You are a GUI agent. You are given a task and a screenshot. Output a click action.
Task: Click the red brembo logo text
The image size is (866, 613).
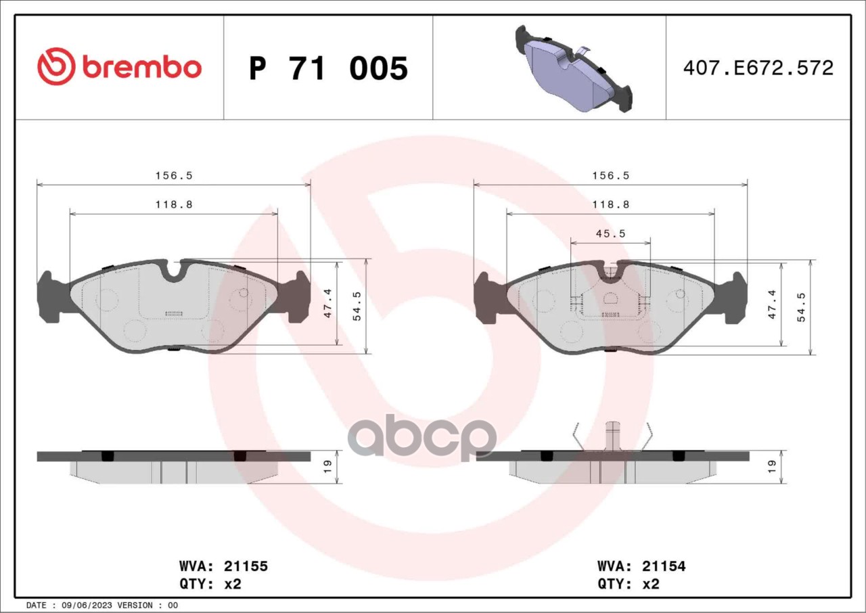click(141, 68)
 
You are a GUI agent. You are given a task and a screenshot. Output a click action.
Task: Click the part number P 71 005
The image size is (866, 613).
click(328, 68)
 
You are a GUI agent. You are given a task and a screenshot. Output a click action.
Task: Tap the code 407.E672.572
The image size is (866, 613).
click(758, 68)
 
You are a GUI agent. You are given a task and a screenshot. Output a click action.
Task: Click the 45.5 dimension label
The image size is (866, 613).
click(611, 233)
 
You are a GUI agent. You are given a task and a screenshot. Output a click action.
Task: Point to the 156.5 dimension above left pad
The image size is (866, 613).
click(174, 175)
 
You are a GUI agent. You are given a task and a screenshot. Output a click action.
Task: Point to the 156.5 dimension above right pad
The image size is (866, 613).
click(611, 175)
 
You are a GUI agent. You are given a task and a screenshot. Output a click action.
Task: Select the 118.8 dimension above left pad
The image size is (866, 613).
click(174, 204)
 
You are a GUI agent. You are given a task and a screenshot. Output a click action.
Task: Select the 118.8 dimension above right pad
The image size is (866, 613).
click(611, 204)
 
